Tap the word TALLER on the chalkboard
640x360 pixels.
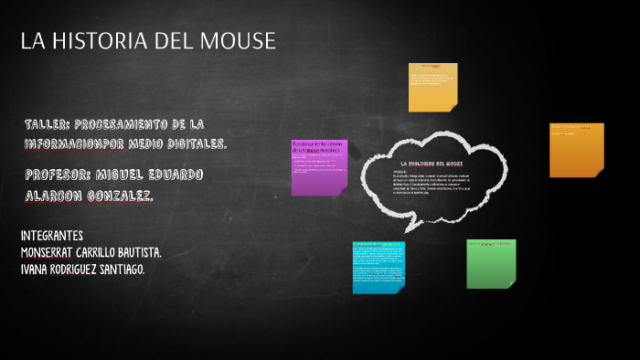tap(48, 124)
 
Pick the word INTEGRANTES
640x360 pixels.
tap(51, 235)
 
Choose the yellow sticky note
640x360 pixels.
tap(432, 87)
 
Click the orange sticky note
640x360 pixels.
tap(576, 149)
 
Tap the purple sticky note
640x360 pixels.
tap(318, 167)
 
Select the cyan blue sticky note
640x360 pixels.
tap(379, 266)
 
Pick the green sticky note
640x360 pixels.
tap(491, 263)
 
